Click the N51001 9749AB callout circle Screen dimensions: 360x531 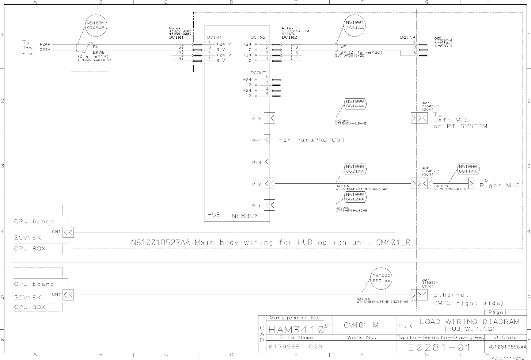point(96,25)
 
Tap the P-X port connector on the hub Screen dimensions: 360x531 point(269,118)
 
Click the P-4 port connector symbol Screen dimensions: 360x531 point(267,140)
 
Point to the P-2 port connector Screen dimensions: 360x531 point(269,184)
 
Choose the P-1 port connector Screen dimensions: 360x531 point(269,205)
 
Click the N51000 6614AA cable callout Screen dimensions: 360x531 point(355,104)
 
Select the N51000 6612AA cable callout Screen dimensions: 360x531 point(355,197)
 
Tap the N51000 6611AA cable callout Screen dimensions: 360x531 point(468,169)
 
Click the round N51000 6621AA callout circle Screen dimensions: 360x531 point(382,278)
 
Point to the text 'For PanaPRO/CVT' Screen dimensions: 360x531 point(311,140)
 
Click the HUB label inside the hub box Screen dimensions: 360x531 point(214,215)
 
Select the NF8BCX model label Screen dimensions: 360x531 point(245,216)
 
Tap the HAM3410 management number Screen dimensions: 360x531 point(296,330)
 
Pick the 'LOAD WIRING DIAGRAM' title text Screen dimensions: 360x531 point(470,322)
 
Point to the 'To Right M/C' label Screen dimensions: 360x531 point(499,183)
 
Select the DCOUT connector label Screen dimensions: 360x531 point(258,73)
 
